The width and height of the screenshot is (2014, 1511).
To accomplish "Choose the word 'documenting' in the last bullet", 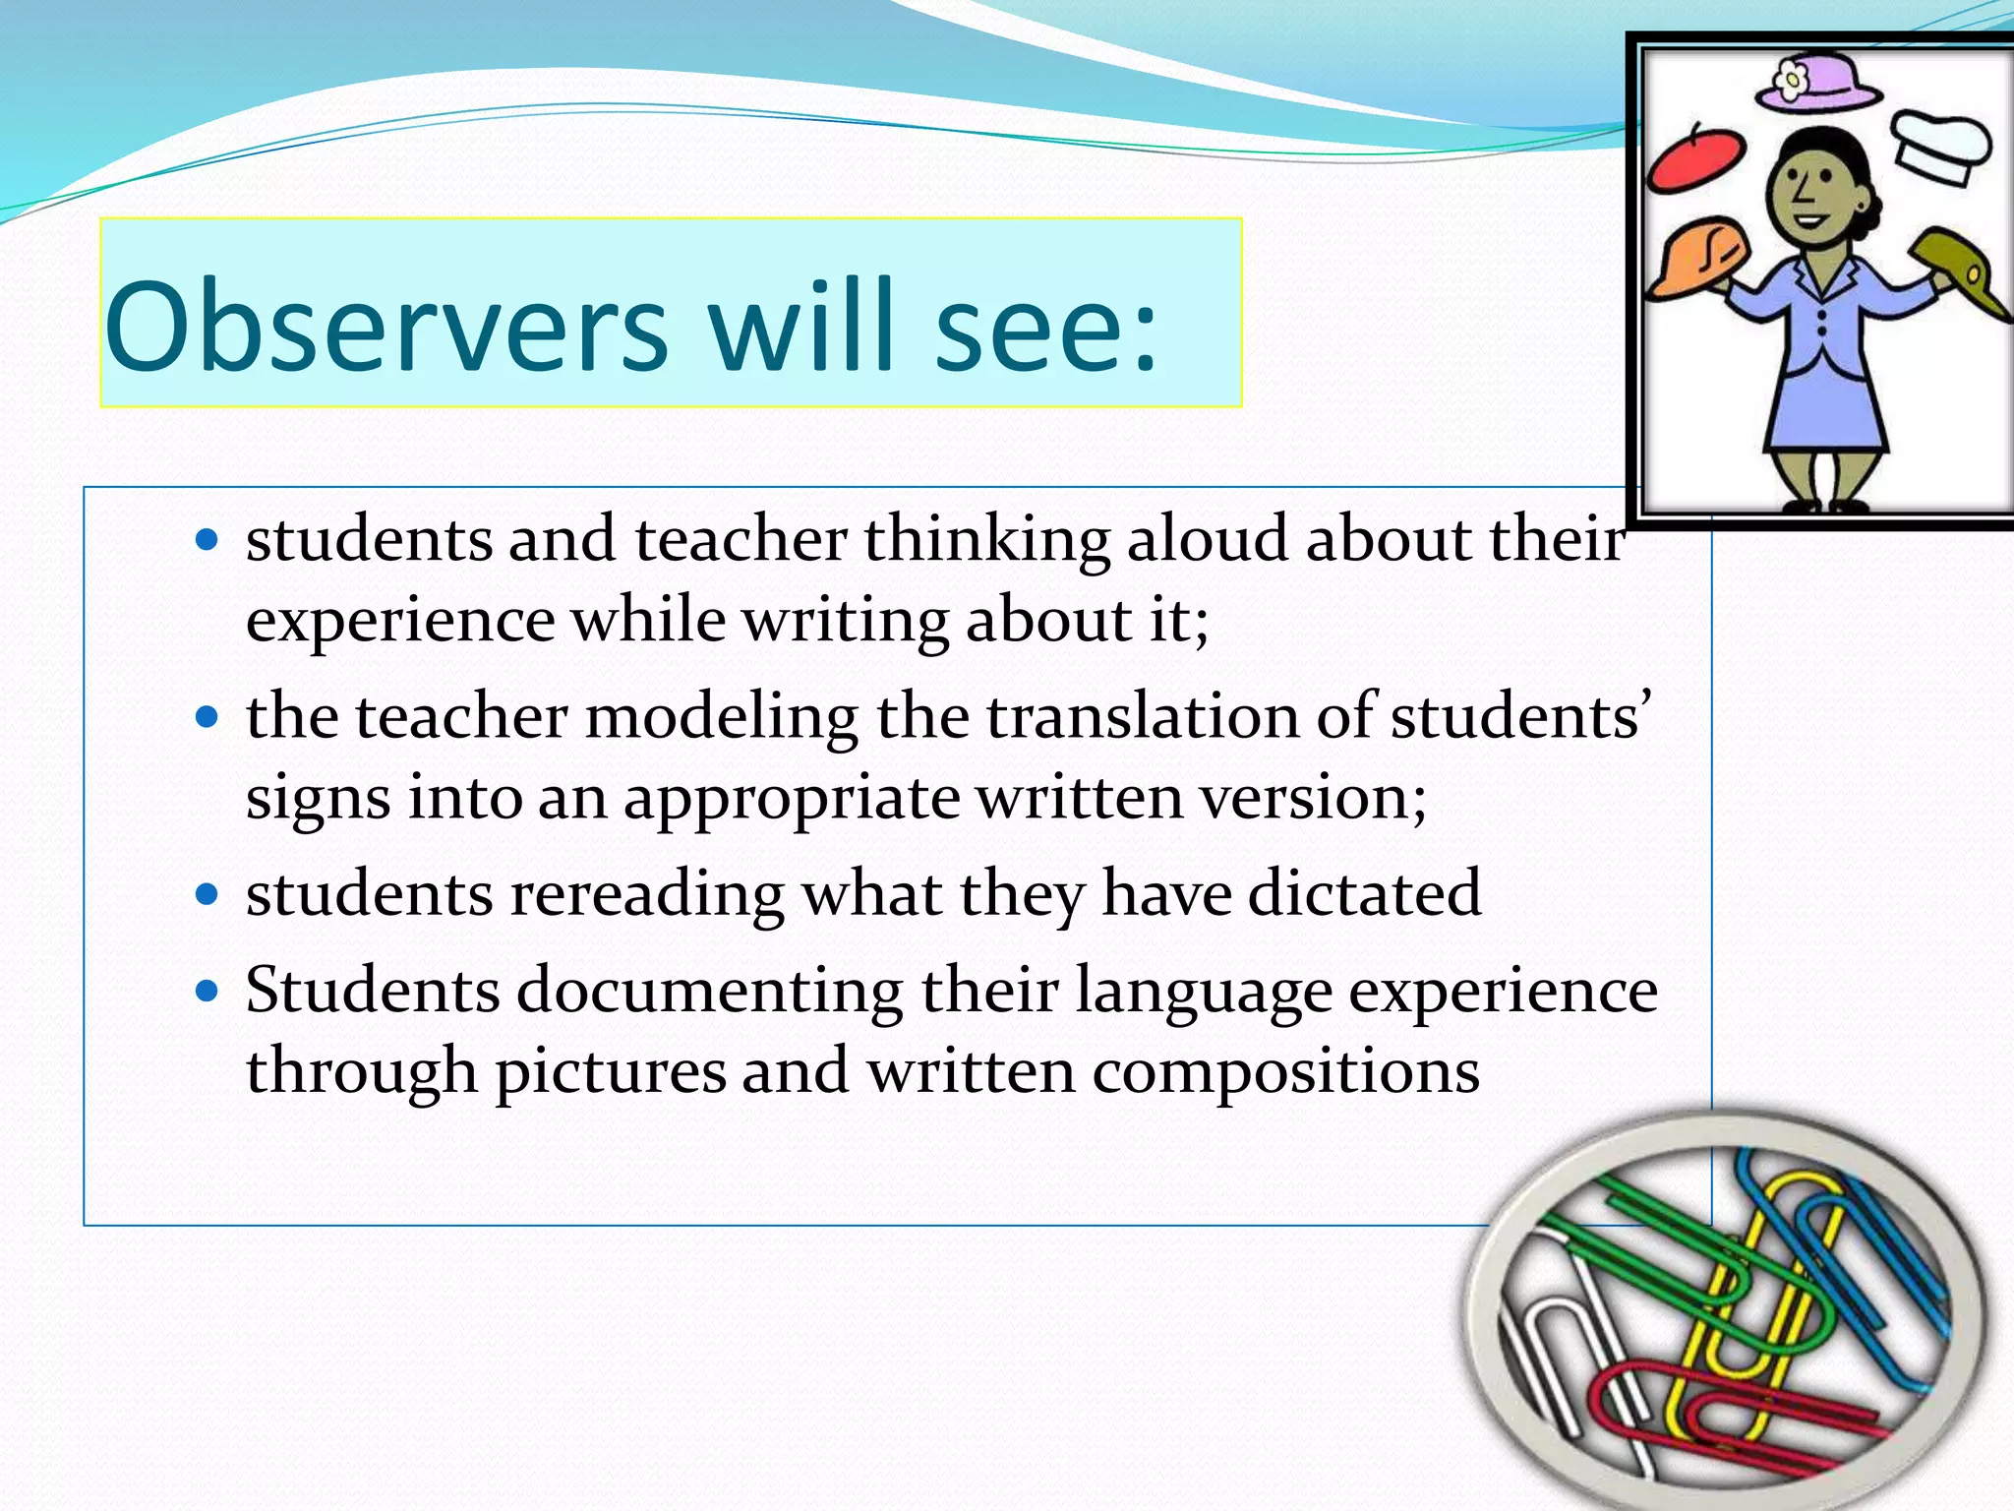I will coord(709,991).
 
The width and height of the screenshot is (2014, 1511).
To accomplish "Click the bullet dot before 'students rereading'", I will coord(207,894).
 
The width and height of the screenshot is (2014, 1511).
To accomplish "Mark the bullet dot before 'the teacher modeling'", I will coord(207,716).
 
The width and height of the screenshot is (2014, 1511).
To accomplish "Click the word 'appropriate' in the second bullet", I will coord(793,798).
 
